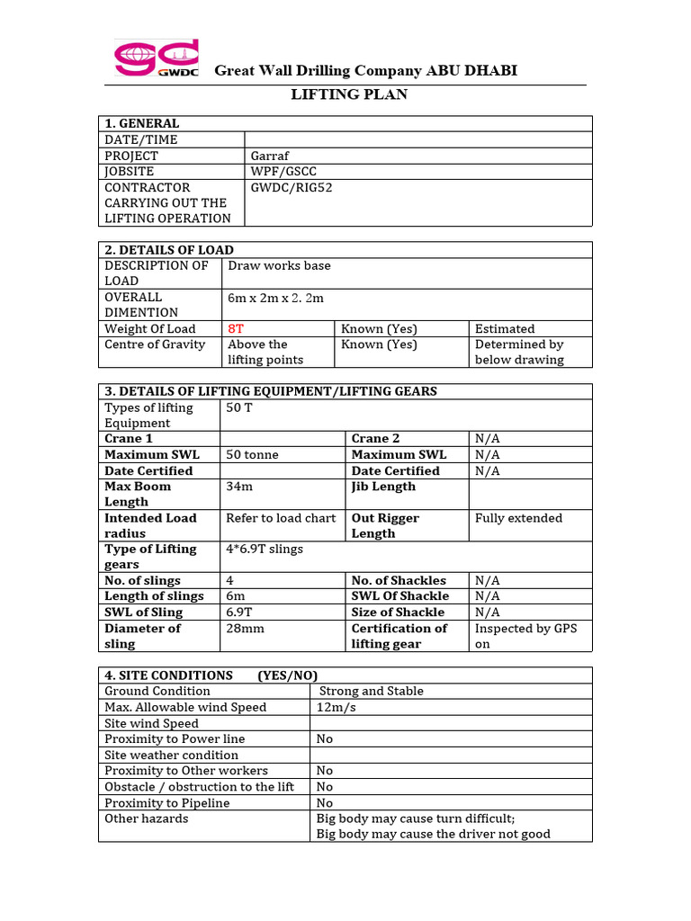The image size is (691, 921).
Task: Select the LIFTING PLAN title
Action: point(349,94)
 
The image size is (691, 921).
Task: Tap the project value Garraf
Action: point(269,156)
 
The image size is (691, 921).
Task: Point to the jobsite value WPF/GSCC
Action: point(284,171)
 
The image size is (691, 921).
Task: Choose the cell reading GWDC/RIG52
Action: point(292,187)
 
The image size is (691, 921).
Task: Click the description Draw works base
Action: point(279,265)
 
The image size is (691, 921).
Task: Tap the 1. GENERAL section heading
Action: point(142,123)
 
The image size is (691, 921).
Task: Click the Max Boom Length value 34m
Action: point(240,487)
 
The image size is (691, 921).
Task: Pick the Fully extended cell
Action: point(518,518)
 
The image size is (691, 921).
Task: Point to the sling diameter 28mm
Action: point(245,628)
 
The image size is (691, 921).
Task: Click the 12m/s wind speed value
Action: point(337,707)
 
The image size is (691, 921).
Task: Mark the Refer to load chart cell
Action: point(281,518)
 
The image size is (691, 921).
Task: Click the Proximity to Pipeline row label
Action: point(166,802)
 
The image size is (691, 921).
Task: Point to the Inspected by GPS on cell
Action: point(525,636)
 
